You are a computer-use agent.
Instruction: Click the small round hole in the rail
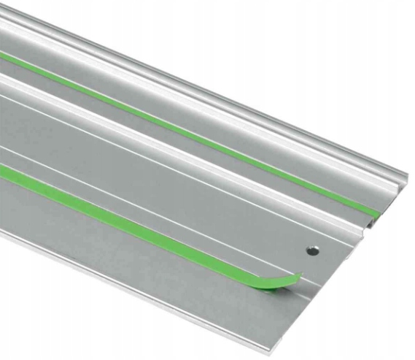click(x=313, y=250)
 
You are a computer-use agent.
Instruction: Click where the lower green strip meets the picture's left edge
click(x=2, y=169)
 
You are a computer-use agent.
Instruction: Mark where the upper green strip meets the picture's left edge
click(x=2, y=55)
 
